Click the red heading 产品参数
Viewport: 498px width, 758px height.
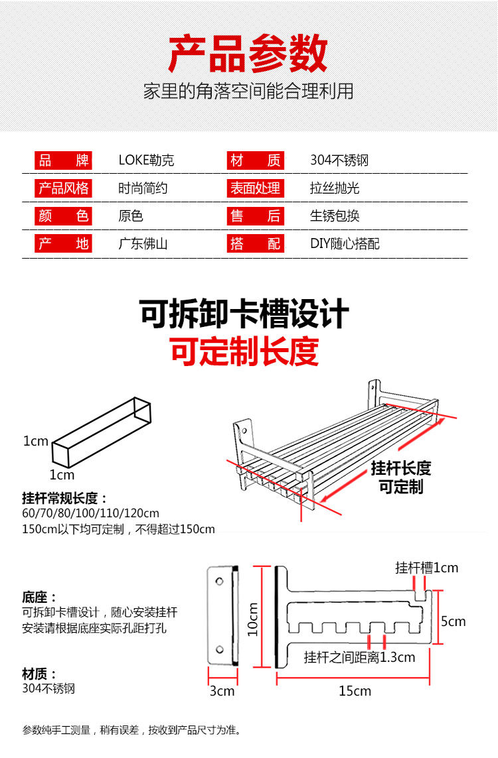[x=248, y=55]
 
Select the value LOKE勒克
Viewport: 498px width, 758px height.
[x=146, y=160]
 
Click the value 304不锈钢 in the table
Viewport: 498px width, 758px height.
[x=339, y=160]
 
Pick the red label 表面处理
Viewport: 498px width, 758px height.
[x=255, y=188]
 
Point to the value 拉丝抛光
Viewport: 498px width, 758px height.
[x=335, y=188]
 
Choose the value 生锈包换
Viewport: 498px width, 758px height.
[x=335, y=216]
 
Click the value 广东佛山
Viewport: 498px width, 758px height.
[x=143, y=244]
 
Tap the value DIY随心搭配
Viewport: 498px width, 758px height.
[x=345, y=244]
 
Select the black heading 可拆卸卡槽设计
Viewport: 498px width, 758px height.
[x=244, y=314]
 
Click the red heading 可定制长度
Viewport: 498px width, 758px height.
[x=244, y=351]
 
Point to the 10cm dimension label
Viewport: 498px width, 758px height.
[x=252, y=619]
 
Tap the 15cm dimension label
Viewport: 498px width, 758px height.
[x=355, y=691]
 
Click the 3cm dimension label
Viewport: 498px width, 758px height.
[x=222, y=691]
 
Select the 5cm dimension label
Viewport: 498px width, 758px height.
[x=454, y=621]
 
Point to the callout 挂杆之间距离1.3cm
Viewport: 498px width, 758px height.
[x=359, y=658]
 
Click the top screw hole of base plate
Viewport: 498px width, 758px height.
[x=220, y=582]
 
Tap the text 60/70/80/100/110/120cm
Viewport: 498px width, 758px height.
[x=90, y=513]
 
